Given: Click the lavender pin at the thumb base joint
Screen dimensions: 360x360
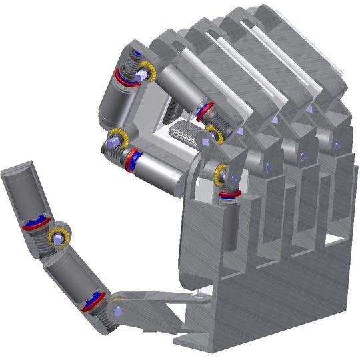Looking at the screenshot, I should coord(117,311).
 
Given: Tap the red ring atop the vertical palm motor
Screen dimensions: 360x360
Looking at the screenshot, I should coord(229,195).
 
